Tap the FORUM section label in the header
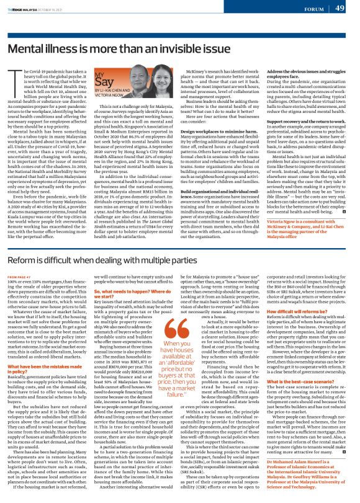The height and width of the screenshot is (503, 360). coord(314,9)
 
